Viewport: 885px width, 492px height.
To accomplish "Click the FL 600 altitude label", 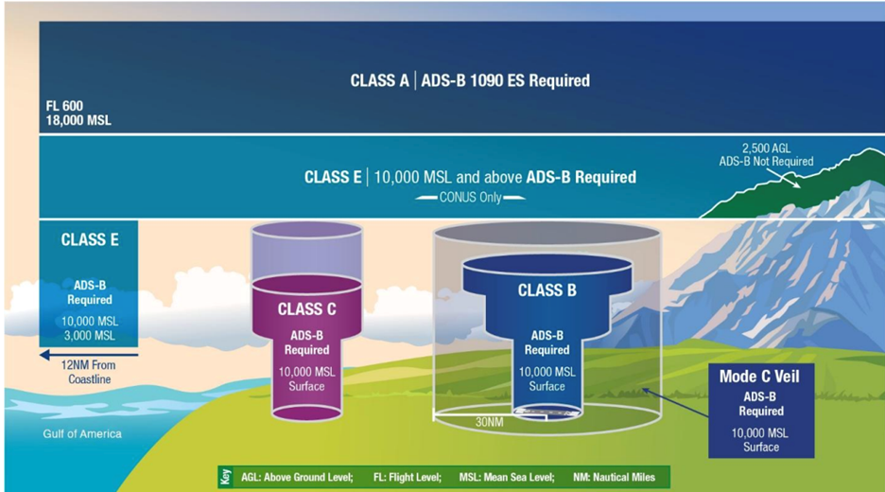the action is pyautogui.click(x=64, y=106).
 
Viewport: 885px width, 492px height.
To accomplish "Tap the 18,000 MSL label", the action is pyautogui.click(x=78, y=120).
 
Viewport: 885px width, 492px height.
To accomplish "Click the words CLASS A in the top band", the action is pyautogui.click(x=379, y=80).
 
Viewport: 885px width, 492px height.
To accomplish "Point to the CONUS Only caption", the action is pyautogui.click(x=470, y=198).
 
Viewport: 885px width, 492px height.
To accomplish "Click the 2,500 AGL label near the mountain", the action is pyautogui.click(x=766, y=148).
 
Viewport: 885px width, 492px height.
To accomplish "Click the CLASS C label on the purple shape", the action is pyautogui.click(x=306, y=309).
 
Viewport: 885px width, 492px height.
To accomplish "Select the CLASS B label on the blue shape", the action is pyautogui.click(x=547, y=290).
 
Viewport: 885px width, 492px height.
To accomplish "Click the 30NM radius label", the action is pyautogui.click(x=489, y=422).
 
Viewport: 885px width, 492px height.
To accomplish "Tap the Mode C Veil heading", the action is pyautogui.click(x=759, y=377).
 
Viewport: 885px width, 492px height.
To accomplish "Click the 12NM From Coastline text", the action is pyautogui.click(x=89, y=372).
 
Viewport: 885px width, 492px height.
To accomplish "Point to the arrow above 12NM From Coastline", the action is pyautogui.click(x=89, y=356).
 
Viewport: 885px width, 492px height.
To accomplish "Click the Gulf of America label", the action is pyautogui.click(x=82, y=434).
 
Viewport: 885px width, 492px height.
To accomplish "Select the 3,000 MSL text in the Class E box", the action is pyautogui.click(x=89, y=336).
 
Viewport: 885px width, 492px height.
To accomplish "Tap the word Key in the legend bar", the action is pyautogui.click(x=226, y=477).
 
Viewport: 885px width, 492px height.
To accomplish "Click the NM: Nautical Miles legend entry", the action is pyautogui.click(x=614, y=477).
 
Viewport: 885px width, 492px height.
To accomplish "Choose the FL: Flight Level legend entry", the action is pyautogui.click(x=407, y=477).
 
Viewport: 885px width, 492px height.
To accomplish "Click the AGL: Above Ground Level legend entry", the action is pyautogui.click(x=297, y=477).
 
